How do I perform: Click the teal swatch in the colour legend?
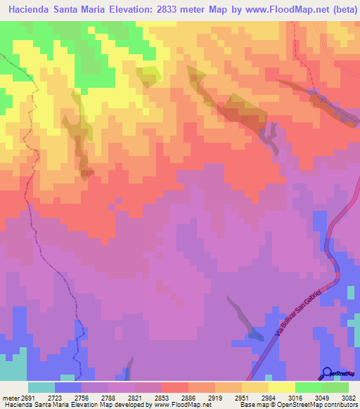pos(41,388)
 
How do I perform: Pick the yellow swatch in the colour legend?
pos(282,388)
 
